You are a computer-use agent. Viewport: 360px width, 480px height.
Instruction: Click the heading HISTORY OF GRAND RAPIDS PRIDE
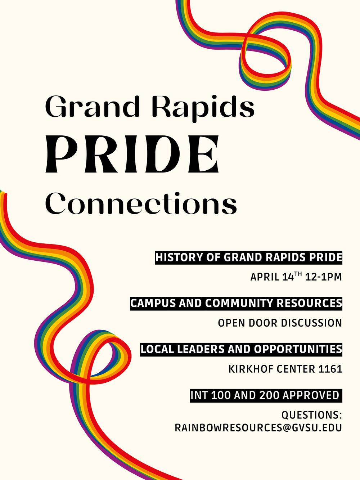[249, 257]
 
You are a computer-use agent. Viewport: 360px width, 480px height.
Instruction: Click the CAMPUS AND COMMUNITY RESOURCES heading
[236, 303]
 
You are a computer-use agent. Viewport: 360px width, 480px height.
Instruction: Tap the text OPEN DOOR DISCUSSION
[280, 323]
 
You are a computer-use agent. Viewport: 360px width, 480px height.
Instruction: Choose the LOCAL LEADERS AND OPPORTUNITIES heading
[241, 349]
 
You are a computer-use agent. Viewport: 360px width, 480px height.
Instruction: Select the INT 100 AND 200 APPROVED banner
[265, 395]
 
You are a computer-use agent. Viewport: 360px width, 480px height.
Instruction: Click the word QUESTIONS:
[311, 415]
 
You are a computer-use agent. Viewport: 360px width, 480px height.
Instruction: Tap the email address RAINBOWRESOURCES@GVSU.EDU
[258, 427]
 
